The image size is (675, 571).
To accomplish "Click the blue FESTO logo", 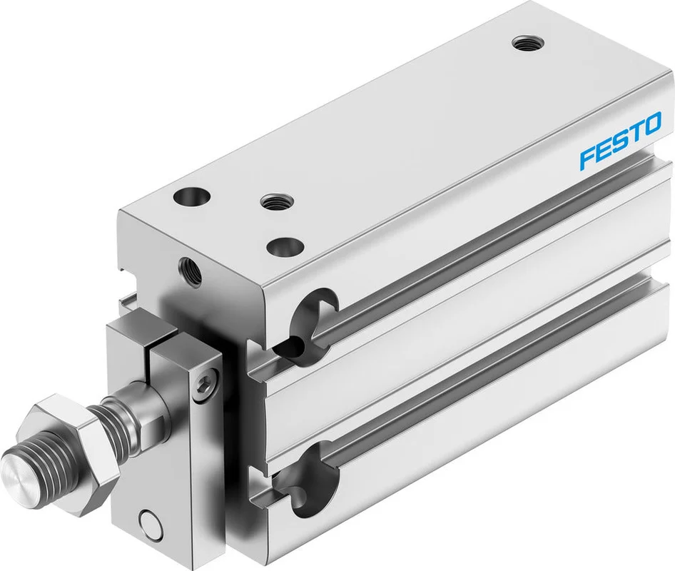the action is click(620, 141).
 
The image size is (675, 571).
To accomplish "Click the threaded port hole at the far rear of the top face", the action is click(528, 44).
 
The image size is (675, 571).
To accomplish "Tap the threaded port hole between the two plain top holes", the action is click(276, 201).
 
